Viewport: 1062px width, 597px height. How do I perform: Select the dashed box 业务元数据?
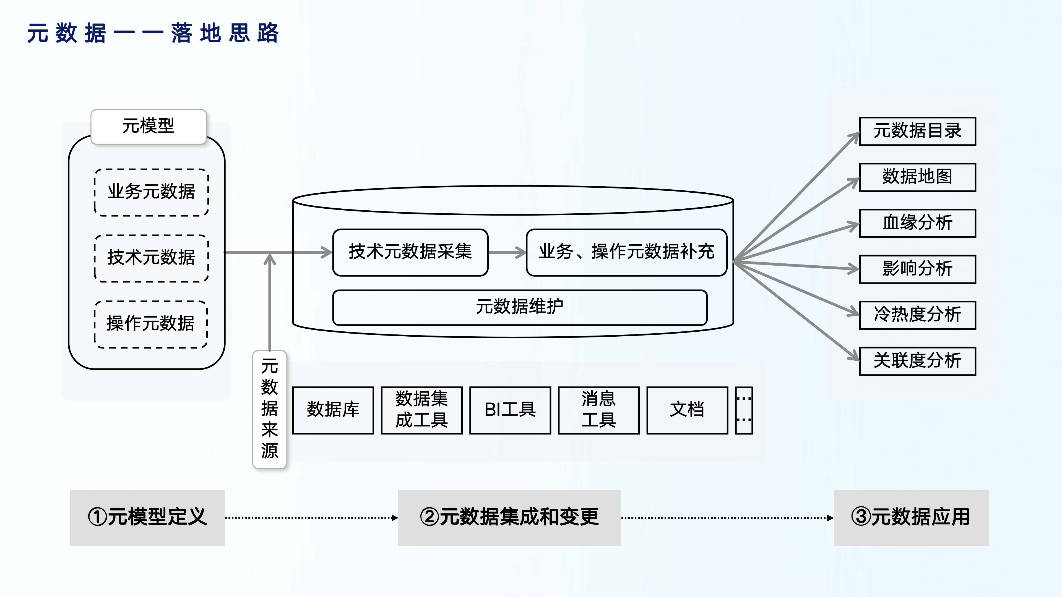click(151, 192)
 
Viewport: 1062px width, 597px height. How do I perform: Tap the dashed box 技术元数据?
click(151, 258)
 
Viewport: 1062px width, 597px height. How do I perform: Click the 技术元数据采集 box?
click(410, 252)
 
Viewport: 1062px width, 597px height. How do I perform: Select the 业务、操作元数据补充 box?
click(626, 252)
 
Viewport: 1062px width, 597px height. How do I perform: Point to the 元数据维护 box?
click(519, 307)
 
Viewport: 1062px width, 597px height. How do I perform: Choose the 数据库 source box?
click(333, 410)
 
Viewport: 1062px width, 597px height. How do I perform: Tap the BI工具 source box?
click(510, 410)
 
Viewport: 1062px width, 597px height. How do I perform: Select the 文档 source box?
click(687, 410)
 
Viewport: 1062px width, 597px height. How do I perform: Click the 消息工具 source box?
click(598, 410)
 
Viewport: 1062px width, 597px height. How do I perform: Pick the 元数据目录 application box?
click(917, 131)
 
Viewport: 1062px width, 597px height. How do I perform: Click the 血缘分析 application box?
click(917, 223)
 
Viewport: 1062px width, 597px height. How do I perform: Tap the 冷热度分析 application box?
click(917, 315)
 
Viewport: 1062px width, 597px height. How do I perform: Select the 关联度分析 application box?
click(917, 361)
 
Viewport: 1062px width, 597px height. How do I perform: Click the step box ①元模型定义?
click(147, 517)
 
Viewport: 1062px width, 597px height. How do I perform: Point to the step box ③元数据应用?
click(911, 517)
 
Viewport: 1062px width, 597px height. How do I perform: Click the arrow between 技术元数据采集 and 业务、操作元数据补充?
click(507, 252)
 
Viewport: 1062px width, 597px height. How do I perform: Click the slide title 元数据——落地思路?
click(153, 33)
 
